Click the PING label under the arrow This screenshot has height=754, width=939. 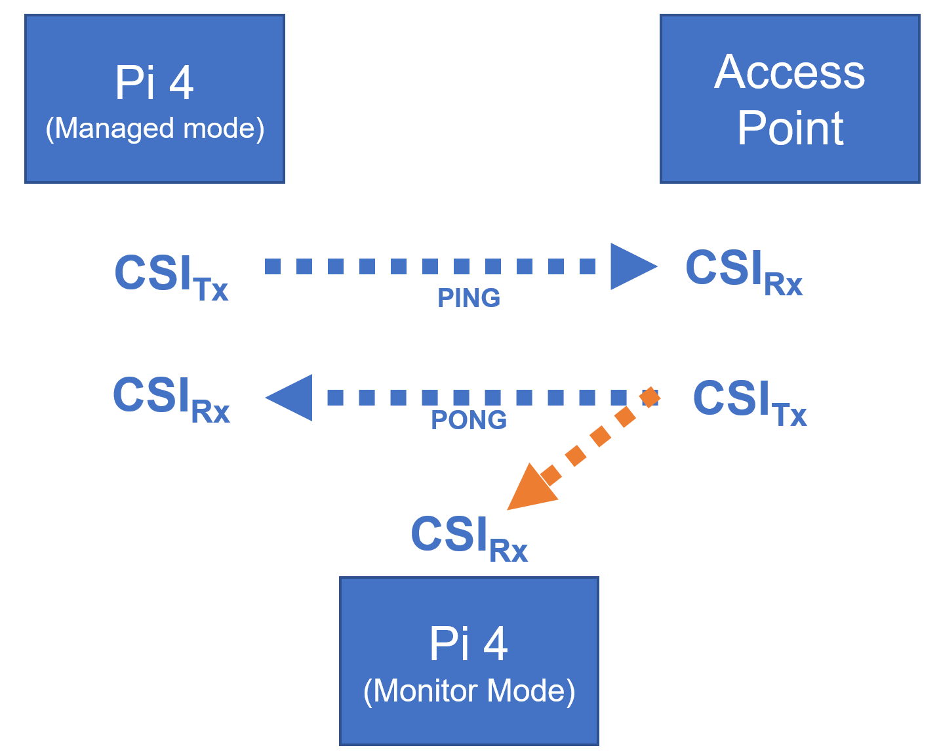point(469,298)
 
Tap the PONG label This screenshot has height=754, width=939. point(469,420)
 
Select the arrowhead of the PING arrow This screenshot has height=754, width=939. point(633,266)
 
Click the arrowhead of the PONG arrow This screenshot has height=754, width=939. point(289,398)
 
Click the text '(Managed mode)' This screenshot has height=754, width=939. point(155,129)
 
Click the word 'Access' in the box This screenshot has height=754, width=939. point(789,72)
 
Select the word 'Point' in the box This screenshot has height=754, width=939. point(790,127)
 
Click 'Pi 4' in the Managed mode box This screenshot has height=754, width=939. point(155,82)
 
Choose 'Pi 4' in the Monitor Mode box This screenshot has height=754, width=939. point(469,644)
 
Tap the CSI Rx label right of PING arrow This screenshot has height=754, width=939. point(744,273)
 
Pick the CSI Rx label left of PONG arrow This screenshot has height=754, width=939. point(171,400)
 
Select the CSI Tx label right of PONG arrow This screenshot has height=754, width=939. point(750,403)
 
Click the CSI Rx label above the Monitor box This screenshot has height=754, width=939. point(470,538)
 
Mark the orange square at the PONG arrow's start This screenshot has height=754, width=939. point(650,397)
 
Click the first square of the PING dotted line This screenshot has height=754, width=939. point(273,266)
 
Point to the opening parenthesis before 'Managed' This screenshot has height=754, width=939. point(49,129)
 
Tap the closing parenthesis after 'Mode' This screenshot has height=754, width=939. point(571,692)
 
